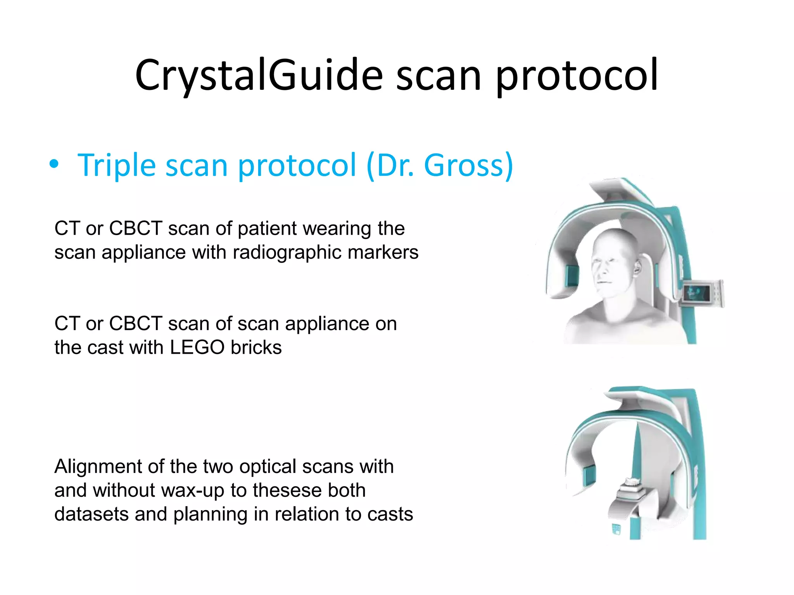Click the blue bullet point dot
[54, 165]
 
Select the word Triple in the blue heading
[116, 165]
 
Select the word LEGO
[197, 347]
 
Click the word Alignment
[98, 466]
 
